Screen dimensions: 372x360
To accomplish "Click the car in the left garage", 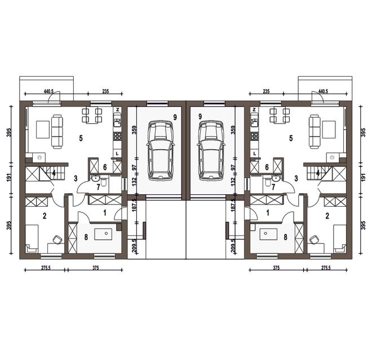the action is coord(161,151).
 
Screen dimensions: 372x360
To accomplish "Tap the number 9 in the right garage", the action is coord(200,117).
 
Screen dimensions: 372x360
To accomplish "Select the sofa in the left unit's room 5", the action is coord(57,132).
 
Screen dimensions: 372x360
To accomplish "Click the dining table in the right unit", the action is coord(280,115).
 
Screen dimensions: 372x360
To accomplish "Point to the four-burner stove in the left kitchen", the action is coord(117,136).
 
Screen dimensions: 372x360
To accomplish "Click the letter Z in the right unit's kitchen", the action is coord(254,110).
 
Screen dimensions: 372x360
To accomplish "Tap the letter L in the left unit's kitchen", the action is coord(117,154).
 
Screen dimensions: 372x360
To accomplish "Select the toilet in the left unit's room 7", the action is coord(104,182).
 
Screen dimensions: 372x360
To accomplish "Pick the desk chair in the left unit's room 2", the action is coord(57,239).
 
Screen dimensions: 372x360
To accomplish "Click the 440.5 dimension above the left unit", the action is coord(48,91).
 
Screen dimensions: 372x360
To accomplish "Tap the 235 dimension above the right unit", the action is coord(266,91).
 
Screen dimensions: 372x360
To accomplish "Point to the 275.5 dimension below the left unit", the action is coord(46,268).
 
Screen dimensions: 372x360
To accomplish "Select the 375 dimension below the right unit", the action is coord(276,268).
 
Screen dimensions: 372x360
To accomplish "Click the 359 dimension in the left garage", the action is coord(135,130).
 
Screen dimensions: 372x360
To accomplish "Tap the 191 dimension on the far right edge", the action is coord(363,177).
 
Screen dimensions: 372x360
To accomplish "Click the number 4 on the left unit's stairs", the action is coord(54,173).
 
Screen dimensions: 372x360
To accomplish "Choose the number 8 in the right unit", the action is coord(286,237).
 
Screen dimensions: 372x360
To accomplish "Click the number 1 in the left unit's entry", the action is coord(105,213).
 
